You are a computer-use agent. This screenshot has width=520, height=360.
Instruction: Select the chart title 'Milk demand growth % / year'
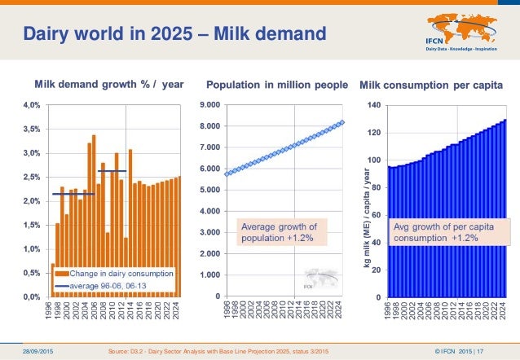pyautogui.click(x=108, y=85)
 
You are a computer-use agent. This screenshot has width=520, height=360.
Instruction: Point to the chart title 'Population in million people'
pyautogui.click(x=277, y=85)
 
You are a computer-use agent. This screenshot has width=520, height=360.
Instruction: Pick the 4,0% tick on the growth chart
pyautogui.click(x=30, y=105)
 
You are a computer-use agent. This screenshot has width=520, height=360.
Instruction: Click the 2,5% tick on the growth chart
pyautogui.click(x=30, y=177)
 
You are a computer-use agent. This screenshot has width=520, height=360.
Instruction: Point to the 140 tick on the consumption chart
pyautogui.click(x=373, y=106)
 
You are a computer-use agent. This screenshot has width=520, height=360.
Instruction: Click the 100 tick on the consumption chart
pyautogui.click(x=373, y=160)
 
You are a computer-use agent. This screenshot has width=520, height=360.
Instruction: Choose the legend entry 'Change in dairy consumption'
pyautogui.click(x=119, y=274)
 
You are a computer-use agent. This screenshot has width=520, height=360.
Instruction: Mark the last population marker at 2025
pyautogui.click(x=342, y=122)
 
